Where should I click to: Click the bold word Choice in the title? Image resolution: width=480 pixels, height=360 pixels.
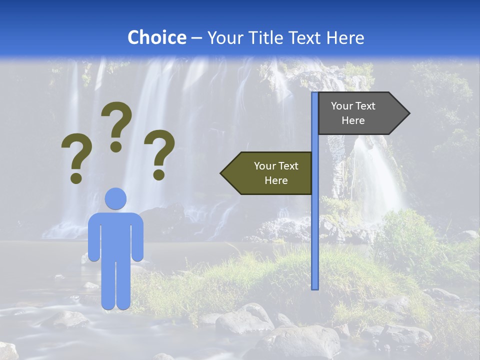pos(156,37)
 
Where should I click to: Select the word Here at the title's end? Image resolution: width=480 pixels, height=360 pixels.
pos(345,37)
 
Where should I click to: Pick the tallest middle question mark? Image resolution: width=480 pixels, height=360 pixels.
pos(116,125)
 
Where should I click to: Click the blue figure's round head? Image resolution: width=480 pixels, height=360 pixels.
pos(115,198)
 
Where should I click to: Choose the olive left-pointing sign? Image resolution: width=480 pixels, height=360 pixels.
pos(270,173)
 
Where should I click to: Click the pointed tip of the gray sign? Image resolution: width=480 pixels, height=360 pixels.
pos(408,113)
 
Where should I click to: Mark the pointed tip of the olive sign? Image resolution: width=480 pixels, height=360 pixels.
pos(222,173)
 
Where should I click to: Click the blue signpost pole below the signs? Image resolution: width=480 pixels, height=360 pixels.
pos(315,240)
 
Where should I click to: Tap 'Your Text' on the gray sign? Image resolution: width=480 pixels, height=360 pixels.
pos(353,106)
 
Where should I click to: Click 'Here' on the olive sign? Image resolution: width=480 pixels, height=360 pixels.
pos(276,180)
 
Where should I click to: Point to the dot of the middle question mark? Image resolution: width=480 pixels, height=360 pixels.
pos(116,146)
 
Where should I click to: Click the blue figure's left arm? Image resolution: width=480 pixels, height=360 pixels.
pos(93,240)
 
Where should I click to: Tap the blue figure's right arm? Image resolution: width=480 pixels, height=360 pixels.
pos(138,240)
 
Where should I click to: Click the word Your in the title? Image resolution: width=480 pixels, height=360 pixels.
pos(223,37)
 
